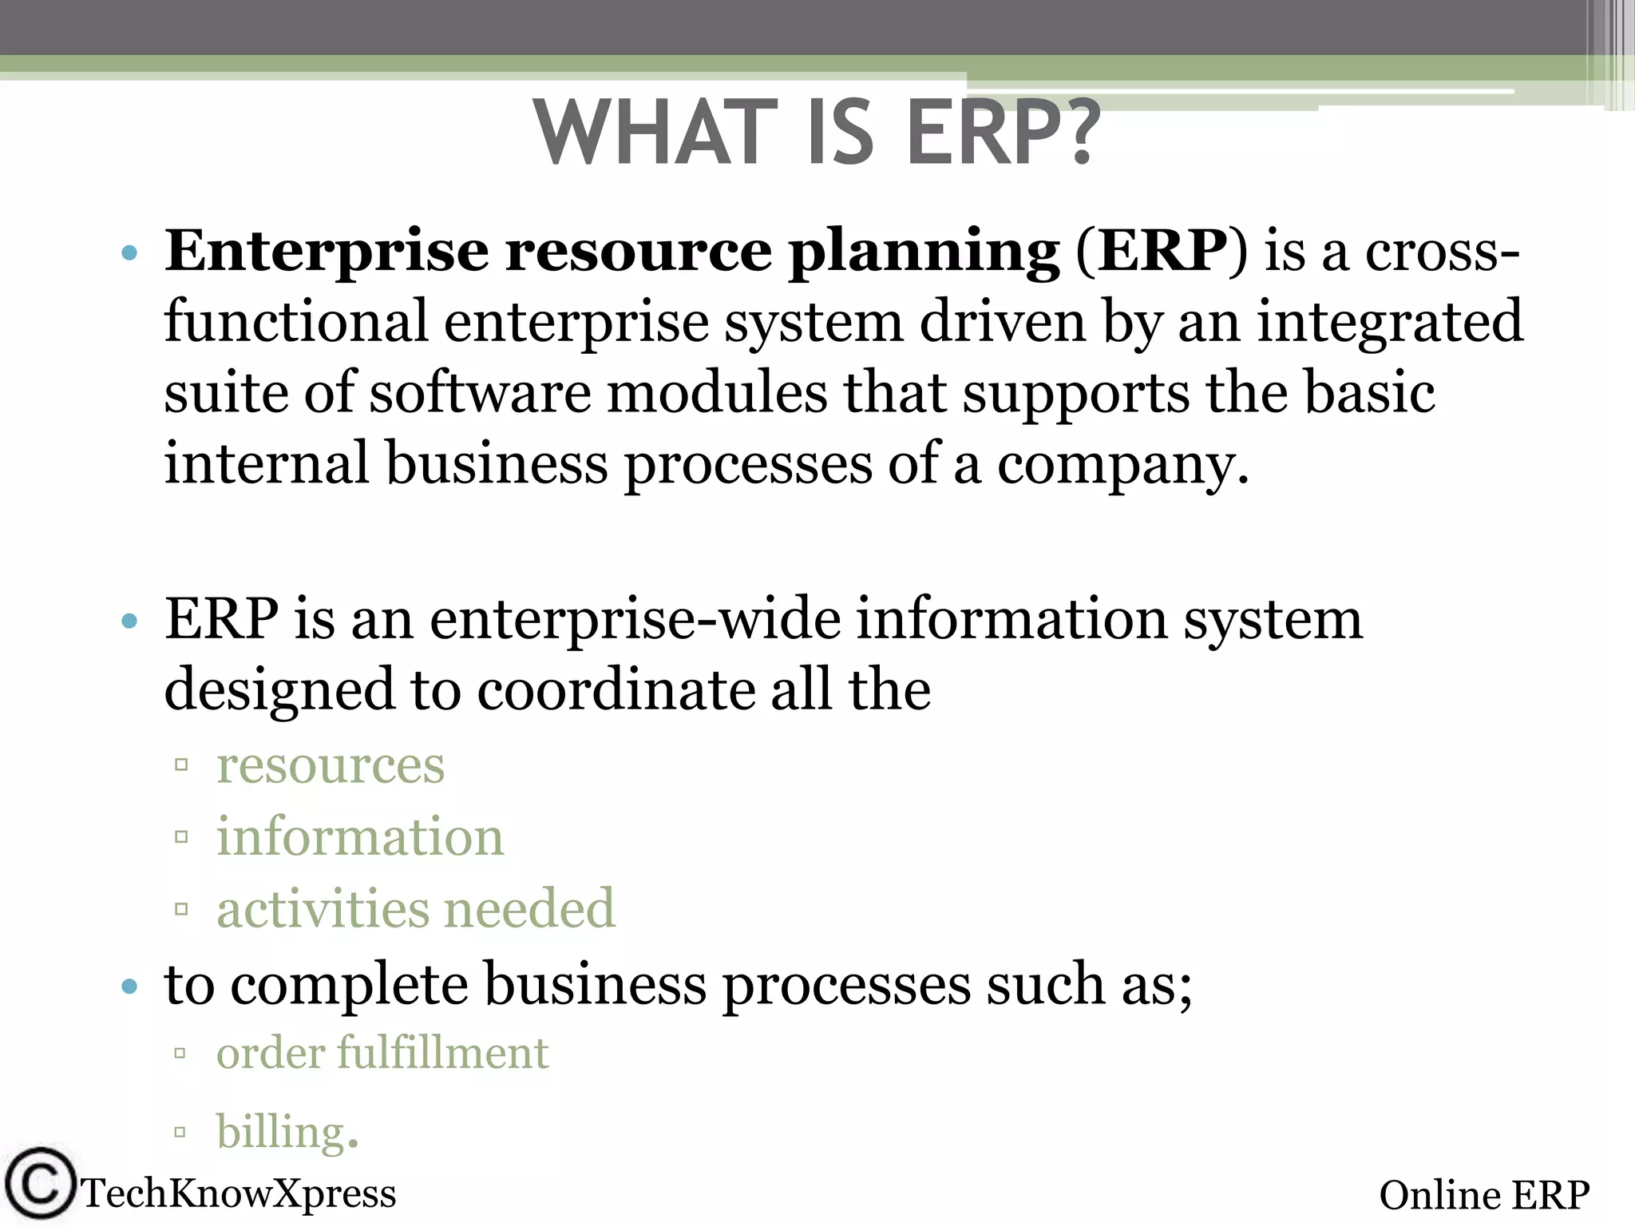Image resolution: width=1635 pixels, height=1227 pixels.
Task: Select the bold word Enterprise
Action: tap(326, 252)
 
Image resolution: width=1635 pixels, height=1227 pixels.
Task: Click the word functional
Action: tap(296, 321)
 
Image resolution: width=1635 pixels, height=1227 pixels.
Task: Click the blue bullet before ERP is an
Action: tap(129, 621)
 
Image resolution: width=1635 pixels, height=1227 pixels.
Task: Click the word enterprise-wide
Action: tap(635, 620)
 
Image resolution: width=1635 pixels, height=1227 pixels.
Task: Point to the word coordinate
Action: tap(616, 690)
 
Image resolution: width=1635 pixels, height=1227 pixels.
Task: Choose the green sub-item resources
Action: tap(331, 766)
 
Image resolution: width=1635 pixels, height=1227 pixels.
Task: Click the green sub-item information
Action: tap(360, 837)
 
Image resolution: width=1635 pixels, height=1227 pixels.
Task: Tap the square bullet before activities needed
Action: tap(181, 909)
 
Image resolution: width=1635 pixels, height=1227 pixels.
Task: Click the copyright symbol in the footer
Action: tap(38, 1184)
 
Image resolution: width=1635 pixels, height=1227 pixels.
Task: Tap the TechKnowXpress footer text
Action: tap(239, 1193)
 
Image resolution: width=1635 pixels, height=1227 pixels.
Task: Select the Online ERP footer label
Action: tap(1483, 1196)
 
